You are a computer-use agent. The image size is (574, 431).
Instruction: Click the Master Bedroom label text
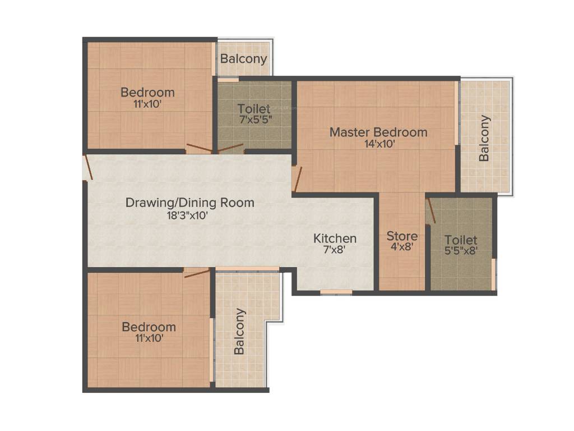[x=378, y=132]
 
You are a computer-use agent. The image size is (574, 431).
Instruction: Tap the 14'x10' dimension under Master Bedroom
[x=378, y=144]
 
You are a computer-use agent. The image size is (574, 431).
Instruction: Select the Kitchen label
[x=335, y=238]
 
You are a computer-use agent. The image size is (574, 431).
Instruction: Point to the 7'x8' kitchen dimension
[x=335, y=250]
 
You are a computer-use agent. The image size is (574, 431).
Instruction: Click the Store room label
[x=401, y=236]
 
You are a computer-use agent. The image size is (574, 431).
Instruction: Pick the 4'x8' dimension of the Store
[x=401, y=246]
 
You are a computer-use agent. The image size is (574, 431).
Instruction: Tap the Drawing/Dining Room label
[x=189, y=203]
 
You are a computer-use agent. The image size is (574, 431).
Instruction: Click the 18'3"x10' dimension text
[x=189, y=214]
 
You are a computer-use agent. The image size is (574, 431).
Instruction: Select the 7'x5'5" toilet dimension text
[x=254, y=119]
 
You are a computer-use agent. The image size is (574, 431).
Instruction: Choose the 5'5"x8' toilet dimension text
[x=460, y=251]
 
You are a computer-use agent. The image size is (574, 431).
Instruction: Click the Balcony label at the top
[x=243, y=59]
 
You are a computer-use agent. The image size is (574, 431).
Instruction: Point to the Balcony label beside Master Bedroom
[x=484, y=138]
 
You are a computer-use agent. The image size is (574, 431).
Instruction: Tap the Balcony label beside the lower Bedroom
[x=239, y=331]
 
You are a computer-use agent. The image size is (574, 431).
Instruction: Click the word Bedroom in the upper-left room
[x=147, y=93]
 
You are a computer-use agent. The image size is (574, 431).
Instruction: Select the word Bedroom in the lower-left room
[x=149, y=327]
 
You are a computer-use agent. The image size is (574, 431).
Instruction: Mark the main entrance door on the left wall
[x=87, y=168]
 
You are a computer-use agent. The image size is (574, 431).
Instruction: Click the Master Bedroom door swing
[x=298, y=179]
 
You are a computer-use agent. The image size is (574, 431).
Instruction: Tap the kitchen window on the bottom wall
[x=336, y=292]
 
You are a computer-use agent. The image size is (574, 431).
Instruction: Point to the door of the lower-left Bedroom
[x=196, y=273]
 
